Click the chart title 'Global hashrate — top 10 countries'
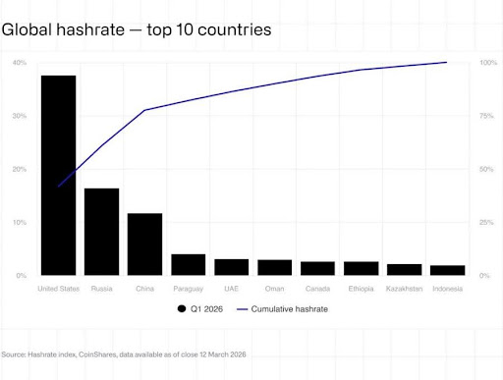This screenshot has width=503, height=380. (x=137, y=30)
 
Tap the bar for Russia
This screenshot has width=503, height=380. (x=101, y=232)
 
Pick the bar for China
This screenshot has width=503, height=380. (x=144, y=244)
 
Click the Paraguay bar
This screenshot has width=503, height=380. (x=188, y=264)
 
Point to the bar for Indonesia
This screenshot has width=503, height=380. (x=447, y=270)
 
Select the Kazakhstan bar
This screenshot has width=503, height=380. (x=404, y=269)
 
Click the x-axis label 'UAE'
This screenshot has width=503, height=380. (x=231, y=289)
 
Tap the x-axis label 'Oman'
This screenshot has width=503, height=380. (x=274, y=289)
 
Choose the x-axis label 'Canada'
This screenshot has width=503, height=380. (x=317, y=289)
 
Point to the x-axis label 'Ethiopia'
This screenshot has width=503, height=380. (x=361, y=289)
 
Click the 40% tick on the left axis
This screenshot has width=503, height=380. (x=20, y=63)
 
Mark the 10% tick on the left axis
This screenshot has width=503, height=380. (x=20, y=223)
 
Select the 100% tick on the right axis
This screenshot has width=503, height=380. (x=487, y=63)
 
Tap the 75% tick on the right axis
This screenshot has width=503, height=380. (x=487, y=116)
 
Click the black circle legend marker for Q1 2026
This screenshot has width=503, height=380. (x=182, y=309)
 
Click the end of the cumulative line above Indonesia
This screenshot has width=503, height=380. (x=447, y=63)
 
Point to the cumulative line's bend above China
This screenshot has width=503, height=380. (x=144, y=110)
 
